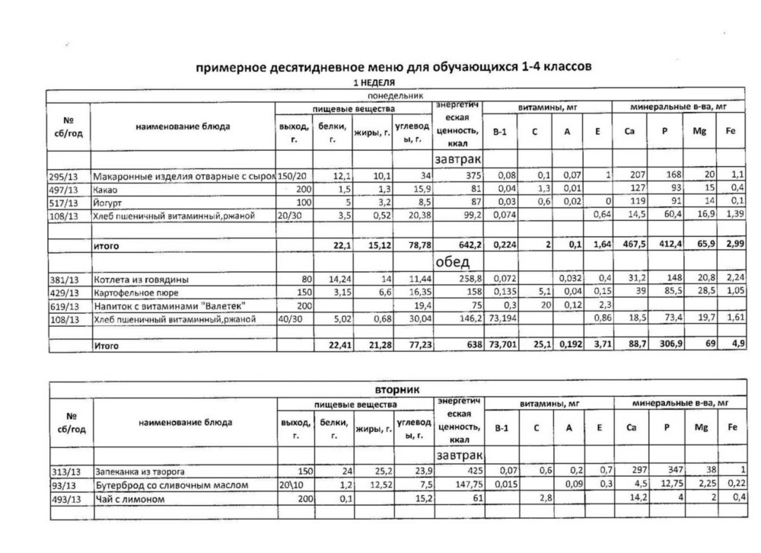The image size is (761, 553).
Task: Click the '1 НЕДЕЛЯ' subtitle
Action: tap(373, 82)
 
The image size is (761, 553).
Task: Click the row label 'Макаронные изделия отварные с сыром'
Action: tap(183, 177)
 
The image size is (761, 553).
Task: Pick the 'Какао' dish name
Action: tap(105, 190)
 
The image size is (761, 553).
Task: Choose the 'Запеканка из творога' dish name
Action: tap(139, 471)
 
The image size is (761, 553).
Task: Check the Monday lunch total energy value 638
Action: tap(473, 345)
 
